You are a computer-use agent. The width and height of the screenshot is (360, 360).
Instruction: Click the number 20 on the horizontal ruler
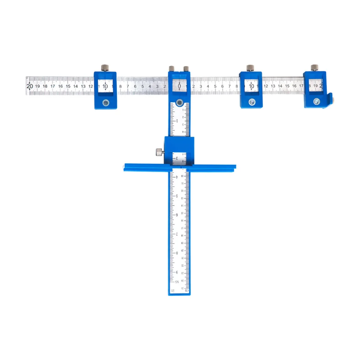[29, 86]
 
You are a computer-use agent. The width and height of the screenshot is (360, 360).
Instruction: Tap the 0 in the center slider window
[179, 86]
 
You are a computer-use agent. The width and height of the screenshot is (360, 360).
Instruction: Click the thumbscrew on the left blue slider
[105, 68]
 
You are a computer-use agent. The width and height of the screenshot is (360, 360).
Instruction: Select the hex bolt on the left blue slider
[105, 103]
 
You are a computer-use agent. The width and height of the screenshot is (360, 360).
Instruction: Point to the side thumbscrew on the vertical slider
[158, 152]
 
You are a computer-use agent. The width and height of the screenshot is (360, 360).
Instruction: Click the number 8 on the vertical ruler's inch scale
[177, 253]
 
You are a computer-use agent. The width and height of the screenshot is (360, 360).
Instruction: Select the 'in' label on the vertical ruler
[173, 290]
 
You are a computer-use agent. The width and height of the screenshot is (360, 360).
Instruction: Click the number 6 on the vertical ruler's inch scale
[177, 215]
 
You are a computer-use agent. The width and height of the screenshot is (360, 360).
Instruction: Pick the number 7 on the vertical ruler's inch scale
[177, 234]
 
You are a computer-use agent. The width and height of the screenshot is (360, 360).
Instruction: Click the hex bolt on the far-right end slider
[316, 102]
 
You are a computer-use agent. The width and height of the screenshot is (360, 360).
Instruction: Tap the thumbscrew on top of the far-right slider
[314, 68]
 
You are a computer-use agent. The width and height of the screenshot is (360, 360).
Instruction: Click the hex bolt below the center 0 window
[179, 100]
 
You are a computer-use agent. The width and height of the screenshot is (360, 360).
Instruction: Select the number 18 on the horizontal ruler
[45, 86]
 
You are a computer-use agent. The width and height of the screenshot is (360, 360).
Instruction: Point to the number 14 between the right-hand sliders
[280, 86]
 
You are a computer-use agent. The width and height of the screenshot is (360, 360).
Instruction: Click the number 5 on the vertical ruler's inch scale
[177, 196]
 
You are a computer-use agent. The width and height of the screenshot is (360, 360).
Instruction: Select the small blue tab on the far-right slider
[331, 100]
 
